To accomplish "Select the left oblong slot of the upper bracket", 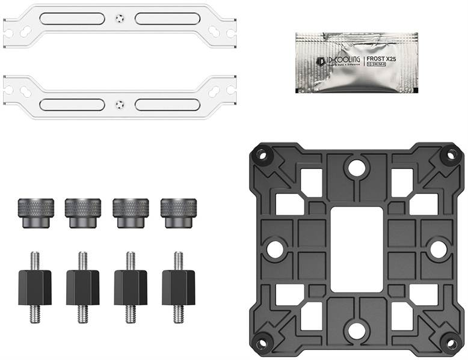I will [x=72, y=19].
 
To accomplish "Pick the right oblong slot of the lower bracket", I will [x=167, y=104].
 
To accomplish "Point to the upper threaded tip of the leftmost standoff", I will [x=34, y=260].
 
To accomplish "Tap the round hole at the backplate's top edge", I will [x=357, y=168].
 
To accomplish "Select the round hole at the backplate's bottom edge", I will [x=357, y=330].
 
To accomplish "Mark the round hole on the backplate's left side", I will [x=276, y=249].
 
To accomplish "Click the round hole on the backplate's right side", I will [x=438, y=249].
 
